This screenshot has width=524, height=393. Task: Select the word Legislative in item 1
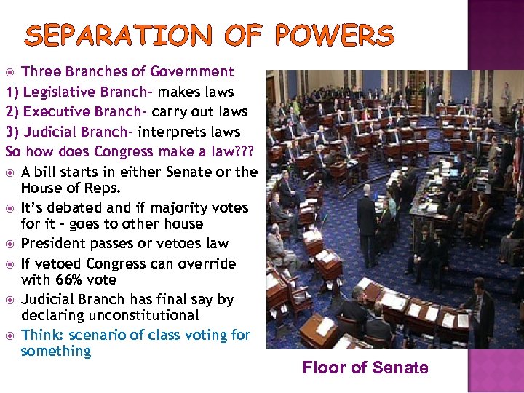60,92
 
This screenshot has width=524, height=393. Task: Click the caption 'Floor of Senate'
365,368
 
